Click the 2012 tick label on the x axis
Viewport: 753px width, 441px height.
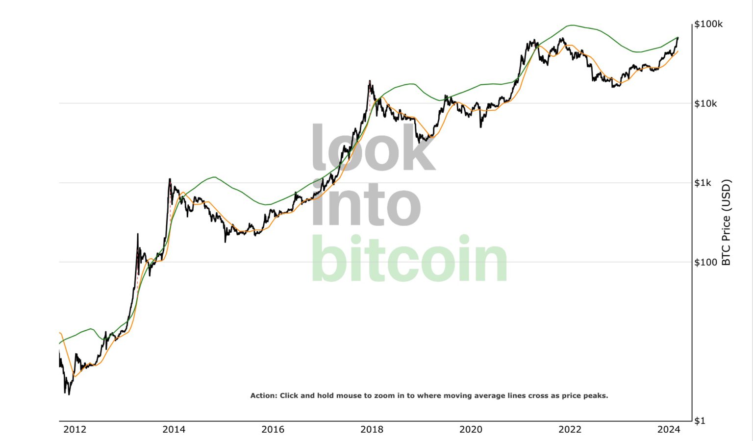[x=75, y=430]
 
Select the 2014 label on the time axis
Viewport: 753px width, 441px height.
[x=174, y=430]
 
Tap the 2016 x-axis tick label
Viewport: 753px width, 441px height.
[x=273, y=430]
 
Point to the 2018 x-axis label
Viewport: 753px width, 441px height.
[x=372, y=430]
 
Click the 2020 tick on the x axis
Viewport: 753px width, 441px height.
[x=471, y=430]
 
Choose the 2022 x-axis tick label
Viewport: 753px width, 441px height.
[x=570, y=430]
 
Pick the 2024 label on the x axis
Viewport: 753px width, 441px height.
[x=669, y=430]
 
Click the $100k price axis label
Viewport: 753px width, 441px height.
[x=708, y=24]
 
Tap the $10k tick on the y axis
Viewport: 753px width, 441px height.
[x=706, y=103]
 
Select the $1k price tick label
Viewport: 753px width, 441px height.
[x=703, y=183]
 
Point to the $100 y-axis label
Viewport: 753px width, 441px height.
[x=705, y=262]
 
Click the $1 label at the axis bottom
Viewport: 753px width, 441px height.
[x=700, y=420]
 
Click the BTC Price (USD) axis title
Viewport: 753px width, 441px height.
[x=727, y=222]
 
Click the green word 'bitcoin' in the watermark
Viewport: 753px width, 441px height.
[x=409, y=258]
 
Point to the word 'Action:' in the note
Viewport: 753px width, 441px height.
[x=264, y=395]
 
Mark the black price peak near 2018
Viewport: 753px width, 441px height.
[x=370, y=81]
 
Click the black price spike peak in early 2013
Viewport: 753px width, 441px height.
[x=137, y=234]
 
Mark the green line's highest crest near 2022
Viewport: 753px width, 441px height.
[x=571, y=25]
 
